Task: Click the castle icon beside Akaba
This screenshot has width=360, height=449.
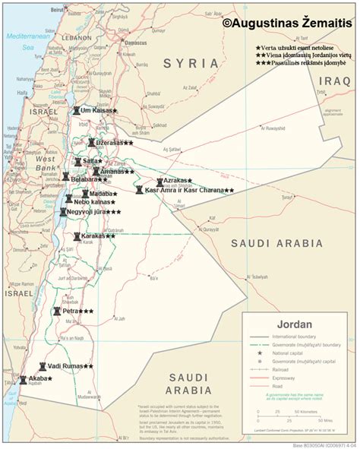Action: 23,378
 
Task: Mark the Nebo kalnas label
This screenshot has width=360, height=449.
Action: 93,203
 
